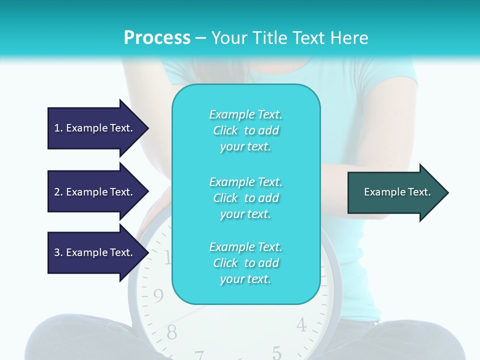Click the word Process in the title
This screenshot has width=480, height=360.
pos(157,38)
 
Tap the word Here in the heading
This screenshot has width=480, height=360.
pos(347,38)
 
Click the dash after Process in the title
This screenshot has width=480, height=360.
pos(200,38)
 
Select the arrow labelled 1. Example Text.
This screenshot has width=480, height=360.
pos(95,128)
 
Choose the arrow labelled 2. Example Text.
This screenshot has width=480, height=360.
pos(95,192)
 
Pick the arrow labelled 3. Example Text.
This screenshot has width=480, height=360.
pos(95,252)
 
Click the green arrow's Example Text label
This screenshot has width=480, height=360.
pos(397,192)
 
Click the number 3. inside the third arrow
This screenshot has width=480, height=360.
pos(58,252)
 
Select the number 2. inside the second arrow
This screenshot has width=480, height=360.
pos(58,192)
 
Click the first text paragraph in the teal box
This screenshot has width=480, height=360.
pos(245,130)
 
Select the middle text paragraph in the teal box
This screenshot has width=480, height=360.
pos(245,198)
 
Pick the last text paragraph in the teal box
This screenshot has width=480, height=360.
pos(245,263)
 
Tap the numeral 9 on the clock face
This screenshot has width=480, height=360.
pos(158,296)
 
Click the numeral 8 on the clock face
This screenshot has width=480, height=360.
pos(171,331)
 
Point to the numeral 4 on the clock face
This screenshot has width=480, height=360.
pos(301,325)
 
